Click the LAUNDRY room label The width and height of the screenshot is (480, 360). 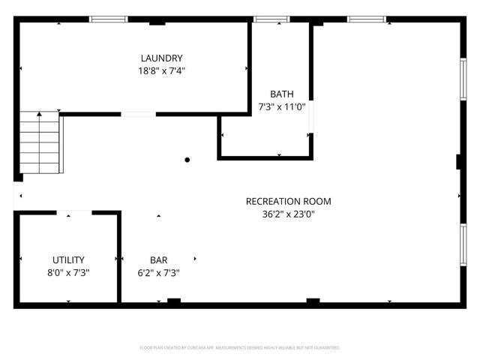point(161,58)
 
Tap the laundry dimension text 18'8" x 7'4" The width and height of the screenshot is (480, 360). point(161,71)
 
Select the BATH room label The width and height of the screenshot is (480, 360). point(281,94)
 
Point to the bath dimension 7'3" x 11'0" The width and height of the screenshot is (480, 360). point(281,107)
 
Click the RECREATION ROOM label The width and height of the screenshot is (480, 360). point(288,201)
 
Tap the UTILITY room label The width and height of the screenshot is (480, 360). point(68,259)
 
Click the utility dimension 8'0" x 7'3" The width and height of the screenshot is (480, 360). point(68,273)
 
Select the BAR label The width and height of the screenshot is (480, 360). point(158,259)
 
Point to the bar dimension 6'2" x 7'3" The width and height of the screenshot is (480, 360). point(158,273)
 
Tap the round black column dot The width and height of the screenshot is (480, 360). point(187,160)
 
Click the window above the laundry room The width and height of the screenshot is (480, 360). point(109,19)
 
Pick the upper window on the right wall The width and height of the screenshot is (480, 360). point(463,79)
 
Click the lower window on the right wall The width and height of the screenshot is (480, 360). point(463,245)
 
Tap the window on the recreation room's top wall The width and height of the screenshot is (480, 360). point(366,19)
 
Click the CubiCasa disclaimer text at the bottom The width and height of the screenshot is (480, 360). point(240,348)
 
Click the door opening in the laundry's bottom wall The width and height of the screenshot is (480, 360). point(138,114)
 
